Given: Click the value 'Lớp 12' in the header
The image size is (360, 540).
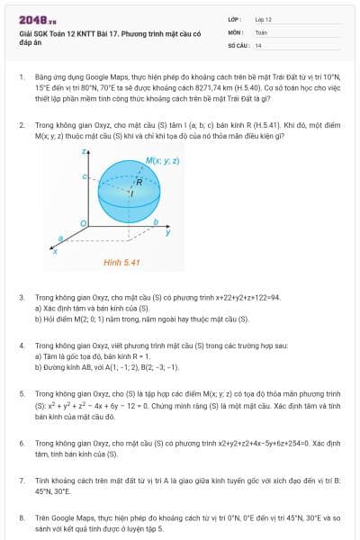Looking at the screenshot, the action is click(264, 19).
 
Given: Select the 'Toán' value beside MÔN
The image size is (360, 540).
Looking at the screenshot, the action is click(261, 31).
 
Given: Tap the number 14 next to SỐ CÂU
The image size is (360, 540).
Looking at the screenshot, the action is click(258, 44).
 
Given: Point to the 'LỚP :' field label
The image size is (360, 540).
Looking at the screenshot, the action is click(235, 19).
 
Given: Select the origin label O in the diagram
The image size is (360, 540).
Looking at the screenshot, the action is click(83, 222).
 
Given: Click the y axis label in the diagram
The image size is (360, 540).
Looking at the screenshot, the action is click(168, 232).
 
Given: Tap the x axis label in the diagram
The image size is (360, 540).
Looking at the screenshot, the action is click(56, 252).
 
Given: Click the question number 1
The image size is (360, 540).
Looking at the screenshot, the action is click(21, 78).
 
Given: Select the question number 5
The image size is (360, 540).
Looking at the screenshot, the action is click(21, 393).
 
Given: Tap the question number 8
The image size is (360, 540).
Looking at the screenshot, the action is click(21, 518).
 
